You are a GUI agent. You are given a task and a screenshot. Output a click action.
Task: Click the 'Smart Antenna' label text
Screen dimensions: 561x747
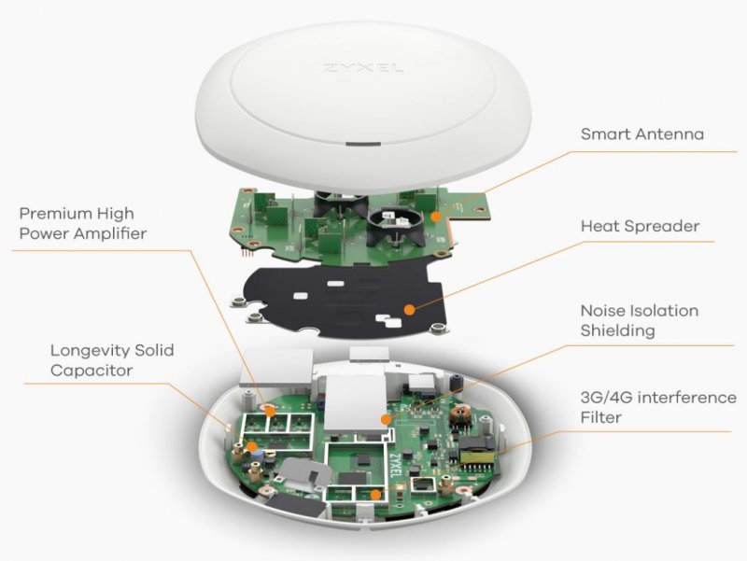[x=642, y=134]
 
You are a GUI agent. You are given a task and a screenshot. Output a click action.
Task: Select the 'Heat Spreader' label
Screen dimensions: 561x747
[x=640, y=226]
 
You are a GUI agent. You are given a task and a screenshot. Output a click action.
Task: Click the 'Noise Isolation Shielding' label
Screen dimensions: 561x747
[x=639, y=320]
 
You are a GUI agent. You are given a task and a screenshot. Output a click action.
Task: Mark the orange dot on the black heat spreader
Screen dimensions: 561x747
[x=407, y=307]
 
